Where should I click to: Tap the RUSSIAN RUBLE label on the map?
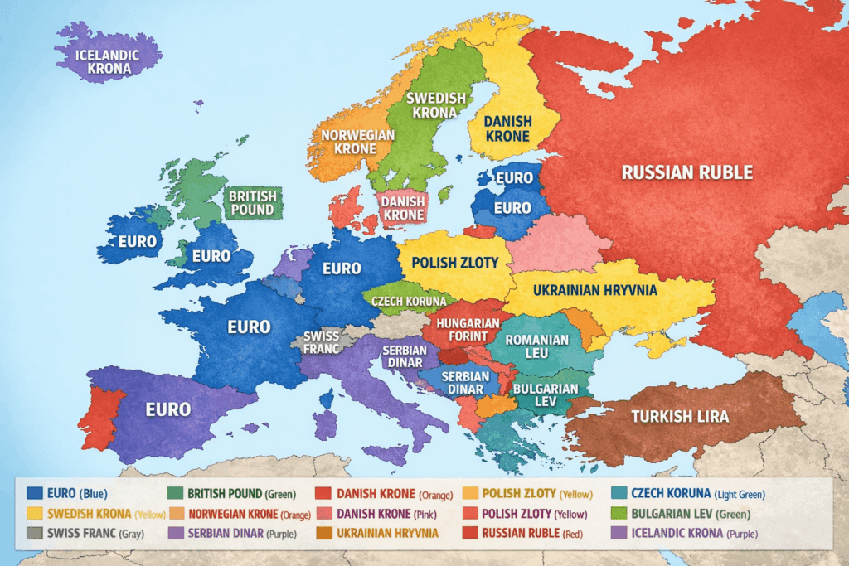[x=687, y=172]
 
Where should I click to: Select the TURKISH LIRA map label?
[x=680, y=416]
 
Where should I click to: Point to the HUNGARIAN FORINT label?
[x=468, y=330]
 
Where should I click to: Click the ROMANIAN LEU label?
[x=537, y=346]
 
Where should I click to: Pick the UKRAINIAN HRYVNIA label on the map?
[x=594, y=291]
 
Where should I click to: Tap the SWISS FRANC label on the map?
[x=322, y=342]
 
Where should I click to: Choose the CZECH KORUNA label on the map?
[x=409, y=301]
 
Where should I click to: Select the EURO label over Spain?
[x=168, y=409]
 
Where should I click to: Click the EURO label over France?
[x=249, y=327]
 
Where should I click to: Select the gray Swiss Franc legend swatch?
[x=36, y=532]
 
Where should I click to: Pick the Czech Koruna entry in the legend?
[x=696, y=493]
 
